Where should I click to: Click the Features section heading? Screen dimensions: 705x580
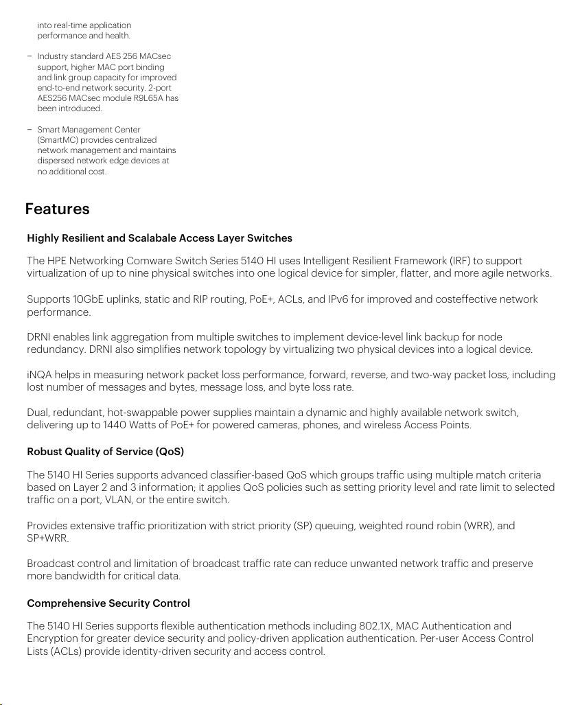click(x=57, y=209)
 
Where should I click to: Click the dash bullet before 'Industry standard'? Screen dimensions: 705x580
click(x=30, y=56)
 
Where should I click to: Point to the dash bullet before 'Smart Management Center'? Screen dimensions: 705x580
click(x=30, y=130)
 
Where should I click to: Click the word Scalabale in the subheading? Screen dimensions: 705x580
click(x=152, y=238)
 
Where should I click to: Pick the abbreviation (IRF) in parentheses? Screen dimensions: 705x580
click(x=461, y=261)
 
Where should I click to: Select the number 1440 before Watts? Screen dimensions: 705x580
click(x=114, y=425)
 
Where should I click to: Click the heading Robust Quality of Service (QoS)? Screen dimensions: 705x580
click(x=105, y=452)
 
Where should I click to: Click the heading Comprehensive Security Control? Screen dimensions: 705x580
click(x=108, y=603)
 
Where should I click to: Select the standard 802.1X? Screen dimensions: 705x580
click(x=375, y=626)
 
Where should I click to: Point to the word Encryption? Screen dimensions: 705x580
click(x=54, y=638)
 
